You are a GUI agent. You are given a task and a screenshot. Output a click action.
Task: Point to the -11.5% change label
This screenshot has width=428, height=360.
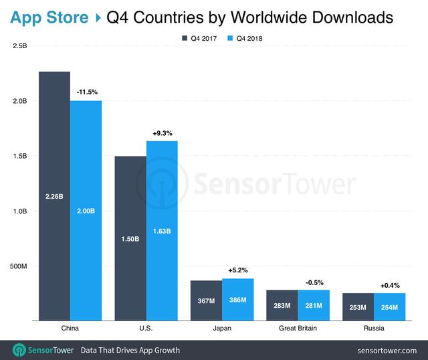(x=86, y=91)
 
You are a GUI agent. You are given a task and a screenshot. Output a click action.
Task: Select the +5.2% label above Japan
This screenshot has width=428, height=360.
(x=237, y=270)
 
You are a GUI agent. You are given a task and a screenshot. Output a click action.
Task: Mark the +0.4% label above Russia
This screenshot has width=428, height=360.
(x=390, y=285)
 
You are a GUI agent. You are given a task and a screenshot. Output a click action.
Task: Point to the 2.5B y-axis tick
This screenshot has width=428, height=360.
(x=19, y=46)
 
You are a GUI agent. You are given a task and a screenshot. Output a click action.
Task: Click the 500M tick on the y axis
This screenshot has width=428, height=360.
(x=17, y=266)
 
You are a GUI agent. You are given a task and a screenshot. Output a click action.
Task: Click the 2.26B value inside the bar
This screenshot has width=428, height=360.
(x=54, y=197)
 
